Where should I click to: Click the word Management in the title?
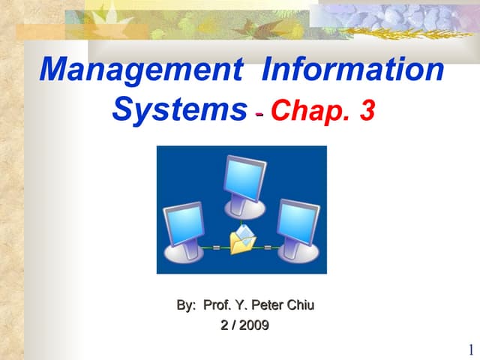(141, 70)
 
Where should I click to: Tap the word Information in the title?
(353, 70)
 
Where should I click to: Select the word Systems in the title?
(179, 109)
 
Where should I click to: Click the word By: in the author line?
(186, 305)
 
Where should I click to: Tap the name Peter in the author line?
(268, 305)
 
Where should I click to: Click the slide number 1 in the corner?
(470, 349)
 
